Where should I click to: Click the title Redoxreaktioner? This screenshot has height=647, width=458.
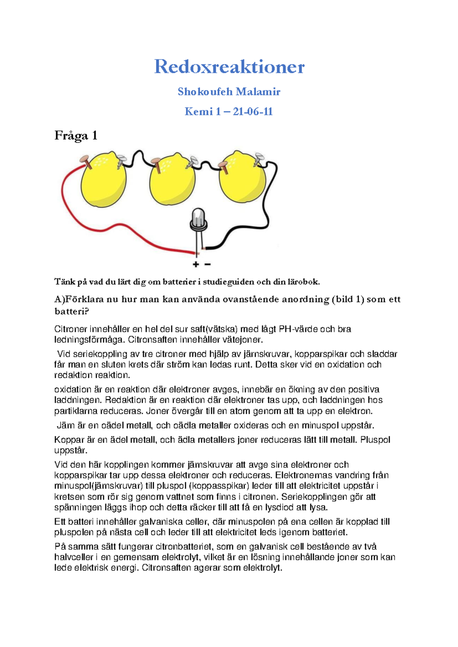pos(229,67)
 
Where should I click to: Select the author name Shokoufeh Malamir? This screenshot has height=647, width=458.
pos(229,92)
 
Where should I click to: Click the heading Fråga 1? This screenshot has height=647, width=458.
pos(76,135)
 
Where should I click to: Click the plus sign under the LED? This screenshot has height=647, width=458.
pos(196,264)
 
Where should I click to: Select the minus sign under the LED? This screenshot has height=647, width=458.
pos(208,264)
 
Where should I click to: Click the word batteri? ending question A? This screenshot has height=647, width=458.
pos(71,311)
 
